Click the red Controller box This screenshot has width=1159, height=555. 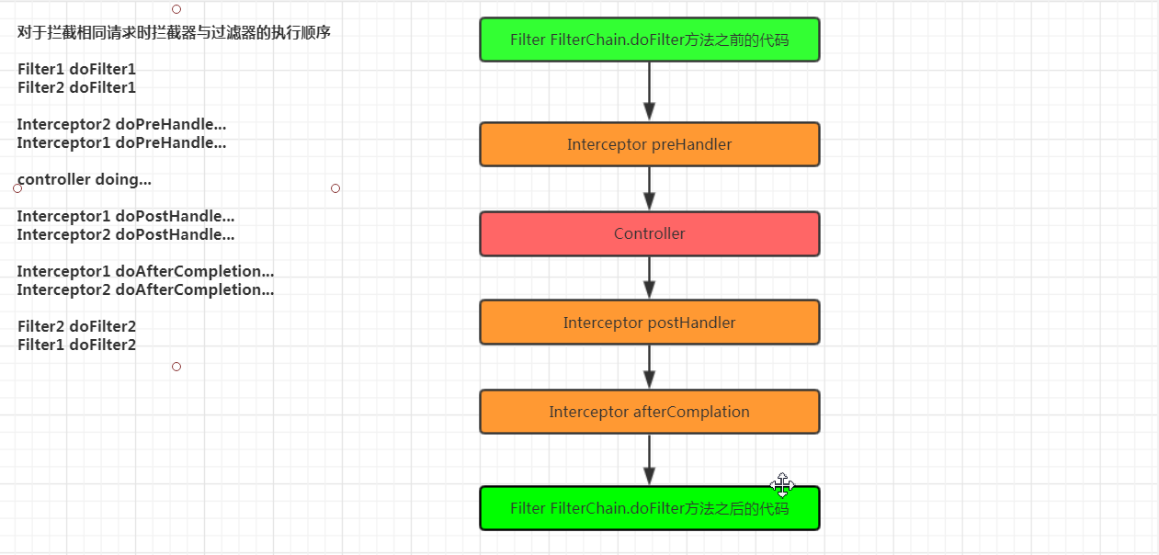649,233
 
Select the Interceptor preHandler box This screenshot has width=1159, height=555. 649,144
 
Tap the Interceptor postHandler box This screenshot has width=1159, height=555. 649,323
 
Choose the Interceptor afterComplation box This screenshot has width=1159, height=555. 649,412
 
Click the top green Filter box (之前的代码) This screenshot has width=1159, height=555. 649,40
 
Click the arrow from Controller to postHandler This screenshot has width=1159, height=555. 649,277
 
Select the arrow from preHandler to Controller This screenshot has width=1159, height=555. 649,188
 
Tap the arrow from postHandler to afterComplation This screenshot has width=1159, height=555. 649,366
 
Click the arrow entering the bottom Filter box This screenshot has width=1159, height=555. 649,459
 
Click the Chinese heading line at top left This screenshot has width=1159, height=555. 174,33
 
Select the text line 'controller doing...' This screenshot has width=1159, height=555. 85,180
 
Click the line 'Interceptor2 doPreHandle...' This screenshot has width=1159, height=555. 121,124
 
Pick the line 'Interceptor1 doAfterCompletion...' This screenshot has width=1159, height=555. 145,271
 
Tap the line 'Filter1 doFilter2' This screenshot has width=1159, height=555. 76,345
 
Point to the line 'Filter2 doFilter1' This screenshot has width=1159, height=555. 76,88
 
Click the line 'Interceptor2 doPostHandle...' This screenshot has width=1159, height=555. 125,235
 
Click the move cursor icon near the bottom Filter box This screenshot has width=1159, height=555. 782,485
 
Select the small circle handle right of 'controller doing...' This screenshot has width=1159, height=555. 335,188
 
